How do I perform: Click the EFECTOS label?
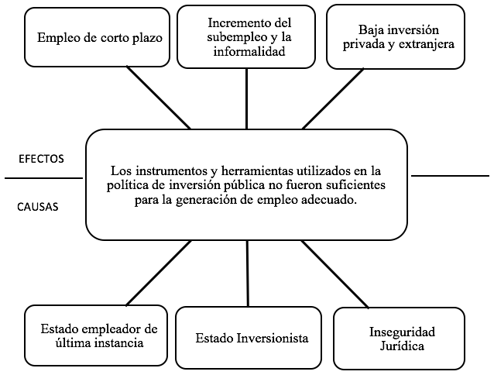(x=41, y=159)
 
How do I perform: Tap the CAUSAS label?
(x=38, y=207)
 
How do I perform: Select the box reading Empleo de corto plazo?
(x=97, y=37)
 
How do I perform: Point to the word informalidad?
(x=249, y=51)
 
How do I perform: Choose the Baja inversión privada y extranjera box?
(x=396, y=37)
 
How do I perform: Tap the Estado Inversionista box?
(x=249, y=338)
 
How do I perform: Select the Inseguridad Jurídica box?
(x=400, y=339)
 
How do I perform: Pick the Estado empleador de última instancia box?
(x=96, y=335)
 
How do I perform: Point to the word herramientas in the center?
(x=257, y=171)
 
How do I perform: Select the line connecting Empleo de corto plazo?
(x=159, y=98)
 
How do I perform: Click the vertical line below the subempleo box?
(x=246, y=98)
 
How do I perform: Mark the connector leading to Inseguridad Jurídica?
(x=334, y=274)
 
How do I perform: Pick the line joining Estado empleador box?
(x=159, y=273)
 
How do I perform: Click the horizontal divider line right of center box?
(x=450, y=176)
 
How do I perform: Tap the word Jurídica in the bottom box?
(x=402, y=346)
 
